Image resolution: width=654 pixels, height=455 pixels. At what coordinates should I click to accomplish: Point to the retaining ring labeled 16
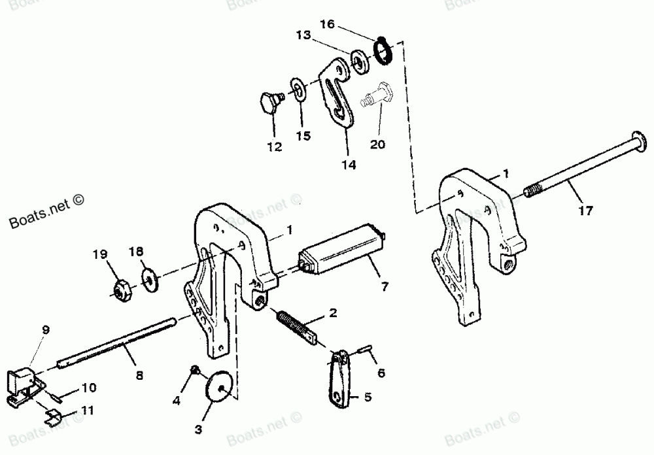coord(383,51)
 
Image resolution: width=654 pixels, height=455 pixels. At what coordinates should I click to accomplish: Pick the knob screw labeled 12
coord(268,102)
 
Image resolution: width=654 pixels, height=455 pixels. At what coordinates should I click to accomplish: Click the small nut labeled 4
coord(194,371)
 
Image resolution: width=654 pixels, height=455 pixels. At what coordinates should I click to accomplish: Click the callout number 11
coord(88,411)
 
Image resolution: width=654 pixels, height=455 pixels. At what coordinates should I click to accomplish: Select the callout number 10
coord(89,388)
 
